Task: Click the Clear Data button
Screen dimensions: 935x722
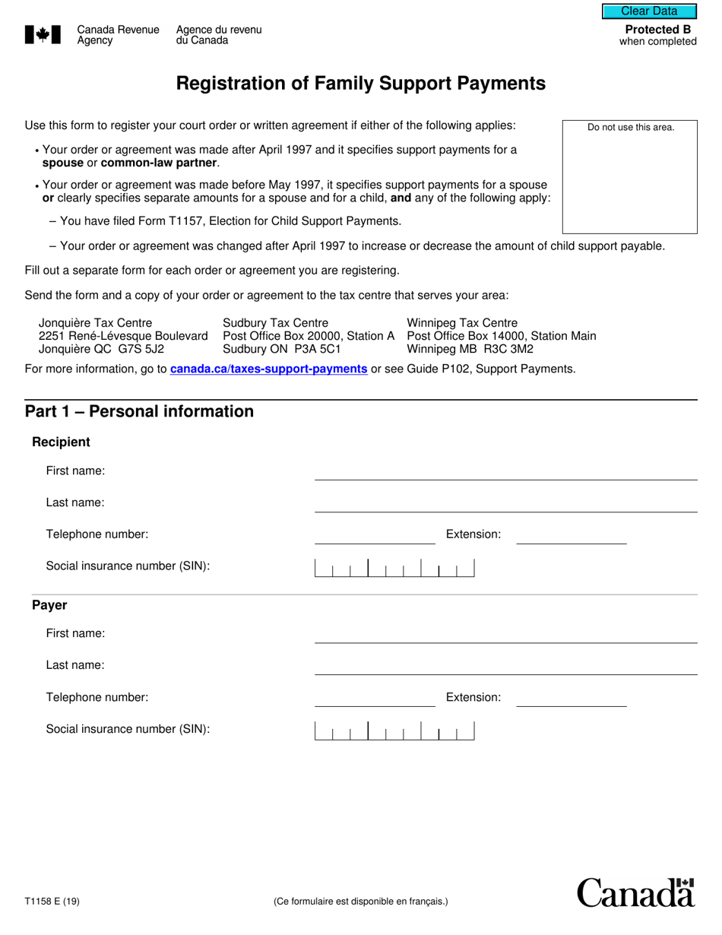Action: point(649,11)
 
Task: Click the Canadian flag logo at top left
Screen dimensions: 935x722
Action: point(43,34)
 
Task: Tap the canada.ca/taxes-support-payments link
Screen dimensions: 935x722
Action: point(268,369)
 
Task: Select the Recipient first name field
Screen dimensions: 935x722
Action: point(505,471)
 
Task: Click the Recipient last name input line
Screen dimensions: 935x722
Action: point(505,503)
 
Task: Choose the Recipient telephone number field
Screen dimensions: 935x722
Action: point(375,535)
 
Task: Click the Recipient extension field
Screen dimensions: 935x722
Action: point(572,535)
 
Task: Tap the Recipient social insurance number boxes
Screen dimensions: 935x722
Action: point(394,568)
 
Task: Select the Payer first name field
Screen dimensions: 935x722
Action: point(505,634)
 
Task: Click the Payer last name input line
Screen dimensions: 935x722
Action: point(505,666)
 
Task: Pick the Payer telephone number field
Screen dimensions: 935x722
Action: point(375,698)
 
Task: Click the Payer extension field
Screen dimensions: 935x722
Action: point(572,698)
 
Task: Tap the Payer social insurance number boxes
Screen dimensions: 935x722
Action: point(394,731)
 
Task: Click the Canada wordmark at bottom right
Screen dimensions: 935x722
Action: point(635,892)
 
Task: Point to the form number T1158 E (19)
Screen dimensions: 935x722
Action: point(52,902)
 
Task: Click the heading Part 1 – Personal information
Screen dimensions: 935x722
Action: point(139,411)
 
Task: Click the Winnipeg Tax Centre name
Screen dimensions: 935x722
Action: point(461,323)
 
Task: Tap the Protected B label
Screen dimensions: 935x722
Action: point(657,30)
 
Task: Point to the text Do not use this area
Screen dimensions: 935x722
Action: point(630,127)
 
